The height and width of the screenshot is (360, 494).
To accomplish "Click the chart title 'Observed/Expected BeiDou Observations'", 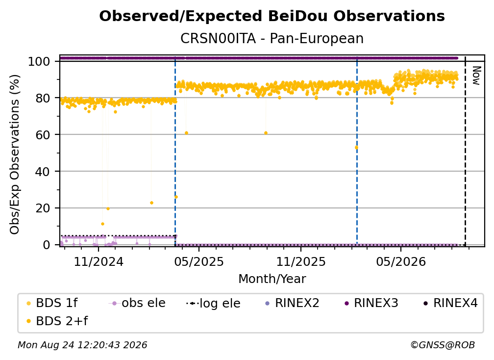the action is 272,16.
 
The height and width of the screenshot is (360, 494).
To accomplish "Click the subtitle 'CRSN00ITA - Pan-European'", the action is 272,38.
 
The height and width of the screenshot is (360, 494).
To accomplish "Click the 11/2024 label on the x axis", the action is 99,261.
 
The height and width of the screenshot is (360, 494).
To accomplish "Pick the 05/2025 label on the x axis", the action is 199,261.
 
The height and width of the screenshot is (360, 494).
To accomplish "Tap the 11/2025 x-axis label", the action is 301,261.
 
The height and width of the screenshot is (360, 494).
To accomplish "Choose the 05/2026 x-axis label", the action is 401,261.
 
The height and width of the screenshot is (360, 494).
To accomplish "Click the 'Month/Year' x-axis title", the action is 272,279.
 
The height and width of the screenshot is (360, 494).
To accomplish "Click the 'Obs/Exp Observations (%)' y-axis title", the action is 15,154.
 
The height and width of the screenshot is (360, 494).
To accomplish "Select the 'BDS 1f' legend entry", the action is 52,303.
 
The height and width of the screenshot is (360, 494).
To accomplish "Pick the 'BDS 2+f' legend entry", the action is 57,321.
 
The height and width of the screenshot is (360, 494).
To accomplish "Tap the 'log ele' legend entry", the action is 213,303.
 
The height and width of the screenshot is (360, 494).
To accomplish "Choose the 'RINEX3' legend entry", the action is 371,303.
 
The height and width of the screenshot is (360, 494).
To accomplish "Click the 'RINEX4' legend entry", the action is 451,303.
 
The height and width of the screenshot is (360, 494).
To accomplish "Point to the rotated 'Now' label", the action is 476,76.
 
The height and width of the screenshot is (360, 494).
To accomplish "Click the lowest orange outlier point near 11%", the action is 102,224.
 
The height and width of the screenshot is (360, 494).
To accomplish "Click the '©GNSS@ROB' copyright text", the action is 443,345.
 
